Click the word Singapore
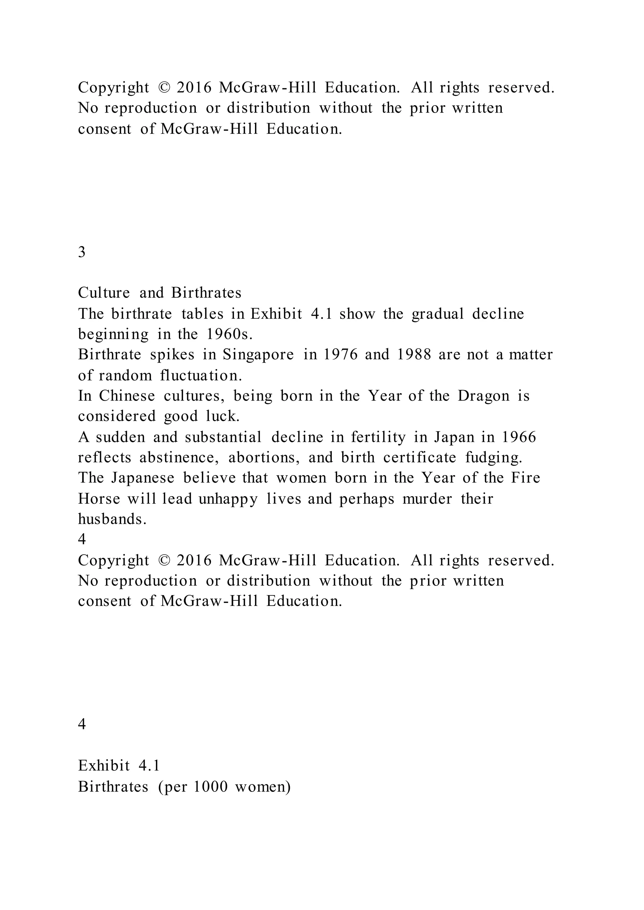tap(258, 355)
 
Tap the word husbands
tap(112, 519)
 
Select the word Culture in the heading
tap(104, 293)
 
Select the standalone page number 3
tap(82, 252)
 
